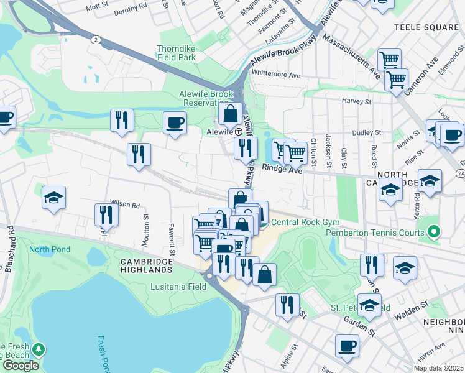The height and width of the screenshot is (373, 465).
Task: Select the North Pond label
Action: tap(50, 249)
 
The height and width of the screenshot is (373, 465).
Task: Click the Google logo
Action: tap(21, 365)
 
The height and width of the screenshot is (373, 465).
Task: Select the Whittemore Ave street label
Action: tap(277, 75)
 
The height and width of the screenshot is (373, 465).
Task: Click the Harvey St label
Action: tap(357, 101)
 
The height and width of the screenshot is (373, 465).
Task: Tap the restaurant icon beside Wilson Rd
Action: tap(106, 214)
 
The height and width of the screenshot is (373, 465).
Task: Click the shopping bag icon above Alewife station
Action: tap(230, 114)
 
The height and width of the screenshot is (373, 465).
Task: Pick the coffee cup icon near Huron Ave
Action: tap(347, 346)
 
